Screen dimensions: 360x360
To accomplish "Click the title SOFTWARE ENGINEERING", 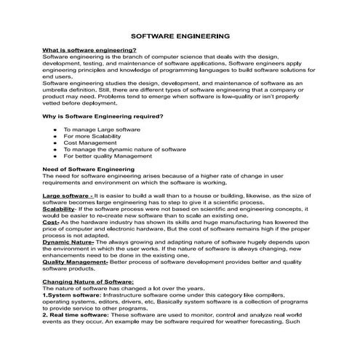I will pos(180,34).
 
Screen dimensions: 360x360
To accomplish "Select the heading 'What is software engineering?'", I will pos(89,49).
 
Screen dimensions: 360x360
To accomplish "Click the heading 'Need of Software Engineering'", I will pos(89,169).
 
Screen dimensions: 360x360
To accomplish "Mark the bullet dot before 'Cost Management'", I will pos(55,143).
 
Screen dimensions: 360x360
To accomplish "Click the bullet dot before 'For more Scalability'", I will pos(55,136).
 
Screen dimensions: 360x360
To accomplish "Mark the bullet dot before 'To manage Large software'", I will pos(55,129).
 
